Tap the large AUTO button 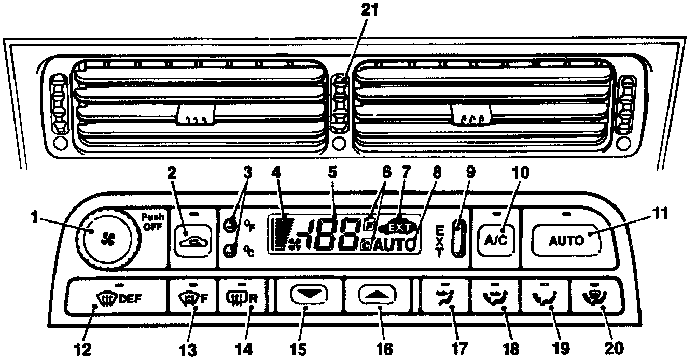click(x=566, y=240)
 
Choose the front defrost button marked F click(x=193, y=299)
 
